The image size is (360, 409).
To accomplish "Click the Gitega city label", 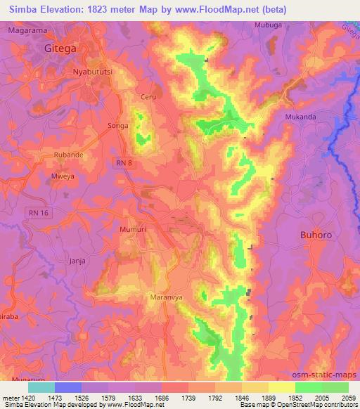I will pyautogui.click(x=60, y=48).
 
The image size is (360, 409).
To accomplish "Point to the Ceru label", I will pyautogui.click(x=148, y=97).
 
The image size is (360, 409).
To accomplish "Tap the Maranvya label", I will pyautogui.click(x=167, y=297).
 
